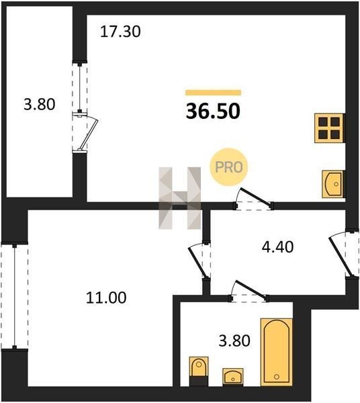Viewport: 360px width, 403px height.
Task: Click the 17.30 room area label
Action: click(120, 32)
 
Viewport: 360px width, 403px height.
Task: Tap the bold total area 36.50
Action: click(213, 111)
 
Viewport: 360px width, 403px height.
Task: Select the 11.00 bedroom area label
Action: click(106, 298)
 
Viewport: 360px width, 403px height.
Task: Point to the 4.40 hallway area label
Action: click(277, 247)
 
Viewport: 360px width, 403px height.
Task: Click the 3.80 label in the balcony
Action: click(40, 105)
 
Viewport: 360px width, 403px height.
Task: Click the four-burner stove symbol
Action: click(329, 128)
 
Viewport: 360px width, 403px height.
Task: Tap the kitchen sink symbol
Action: click(332, 184)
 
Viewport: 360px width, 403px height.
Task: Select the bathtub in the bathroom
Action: click(277, 352)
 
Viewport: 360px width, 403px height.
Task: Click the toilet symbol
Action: click(199, 371)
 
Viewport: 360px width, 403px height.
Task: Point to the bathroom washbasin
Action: click(233, 377)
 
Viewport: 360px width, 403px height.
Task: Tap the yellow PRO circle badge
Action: click(228, 167)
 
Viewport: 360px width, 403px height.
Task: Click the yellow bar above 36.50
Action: click(214, 93)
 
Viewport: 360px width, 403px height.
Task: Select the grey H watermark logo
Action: click(179, 198)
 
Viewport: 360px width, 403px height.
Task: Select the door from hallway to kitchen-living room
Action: click(255, 197)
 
